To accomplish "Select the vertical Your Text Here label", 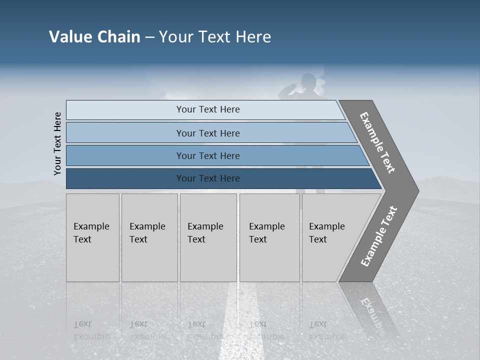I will coord(57,143).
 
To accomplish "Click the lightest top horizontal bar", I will coord(208,109).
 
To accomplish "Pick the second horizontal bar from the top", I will coord(208,133).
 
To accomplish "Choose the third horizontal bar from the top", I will coord(208,155).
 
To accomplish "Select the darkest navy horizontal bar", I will coord(208,178).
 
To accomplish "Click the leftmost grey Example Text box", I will coord(92,237).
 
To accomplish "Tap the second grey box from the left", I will coord(149,237).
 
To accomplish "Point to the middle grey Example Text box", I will coord(208,237).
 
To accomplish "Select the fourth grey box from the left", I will coord(269,237).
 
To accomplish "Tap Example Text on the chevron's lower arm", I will coord(379,236).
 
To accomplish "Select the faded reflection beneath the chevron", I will coord(372,310).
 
